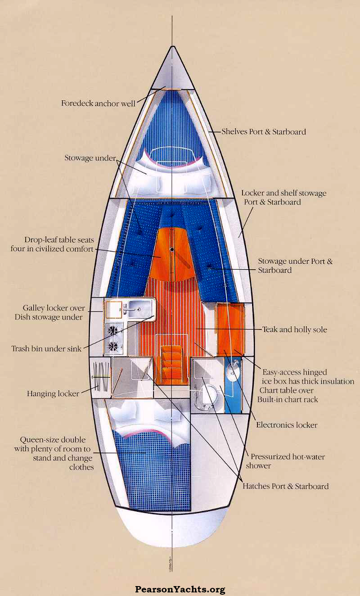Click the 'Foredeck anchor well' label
click(x=98, y=103)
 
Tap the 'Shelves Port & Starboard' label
click(x=264, y=132)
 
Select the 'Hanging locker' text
click(x=53, y=393)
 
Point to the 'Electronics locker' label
click(x=287, y=424)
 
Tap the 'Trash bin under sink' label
click(x=46, y=348)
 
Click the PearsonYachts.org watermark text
click(x=180, y=589)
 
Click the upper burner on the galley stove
click(x=114, y=330)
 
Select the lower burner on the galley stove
click(x=114, y=346)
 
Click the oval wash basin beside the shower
click(x=233, y=372)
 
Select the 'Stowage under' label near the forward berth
click(x=90, y=158)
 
